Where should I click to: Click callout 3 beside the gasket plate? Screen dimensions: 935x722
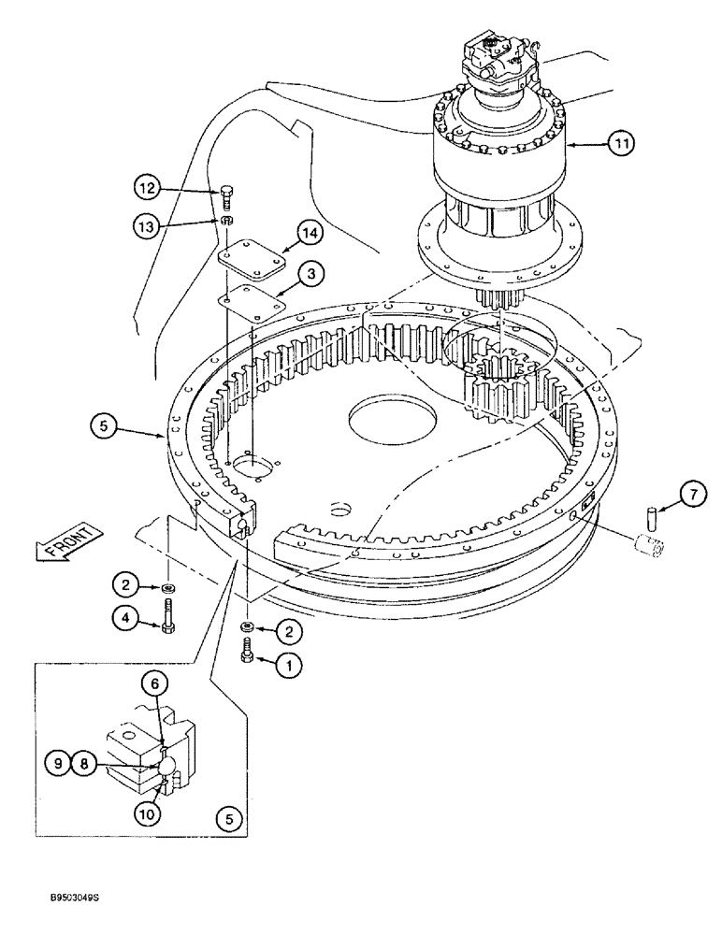coord(310,273)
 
